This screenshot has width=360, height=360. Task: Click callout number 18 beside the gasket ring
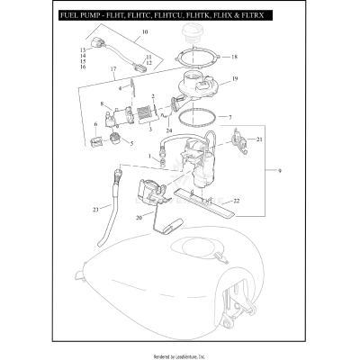click(x=235, y=57)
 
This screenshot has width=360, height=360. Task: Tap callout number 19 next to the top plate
click(x=235, y=79)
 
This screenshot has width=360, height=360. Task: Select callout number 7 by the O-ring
click(x=229, y=118)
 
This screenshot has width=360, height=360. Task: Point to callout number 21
click(x=259, y=139)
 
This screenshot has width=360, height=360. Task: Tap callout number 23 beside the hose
click(x=94, y=211)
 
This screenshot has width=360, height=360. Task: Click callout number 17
click(x=112, y=69)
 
